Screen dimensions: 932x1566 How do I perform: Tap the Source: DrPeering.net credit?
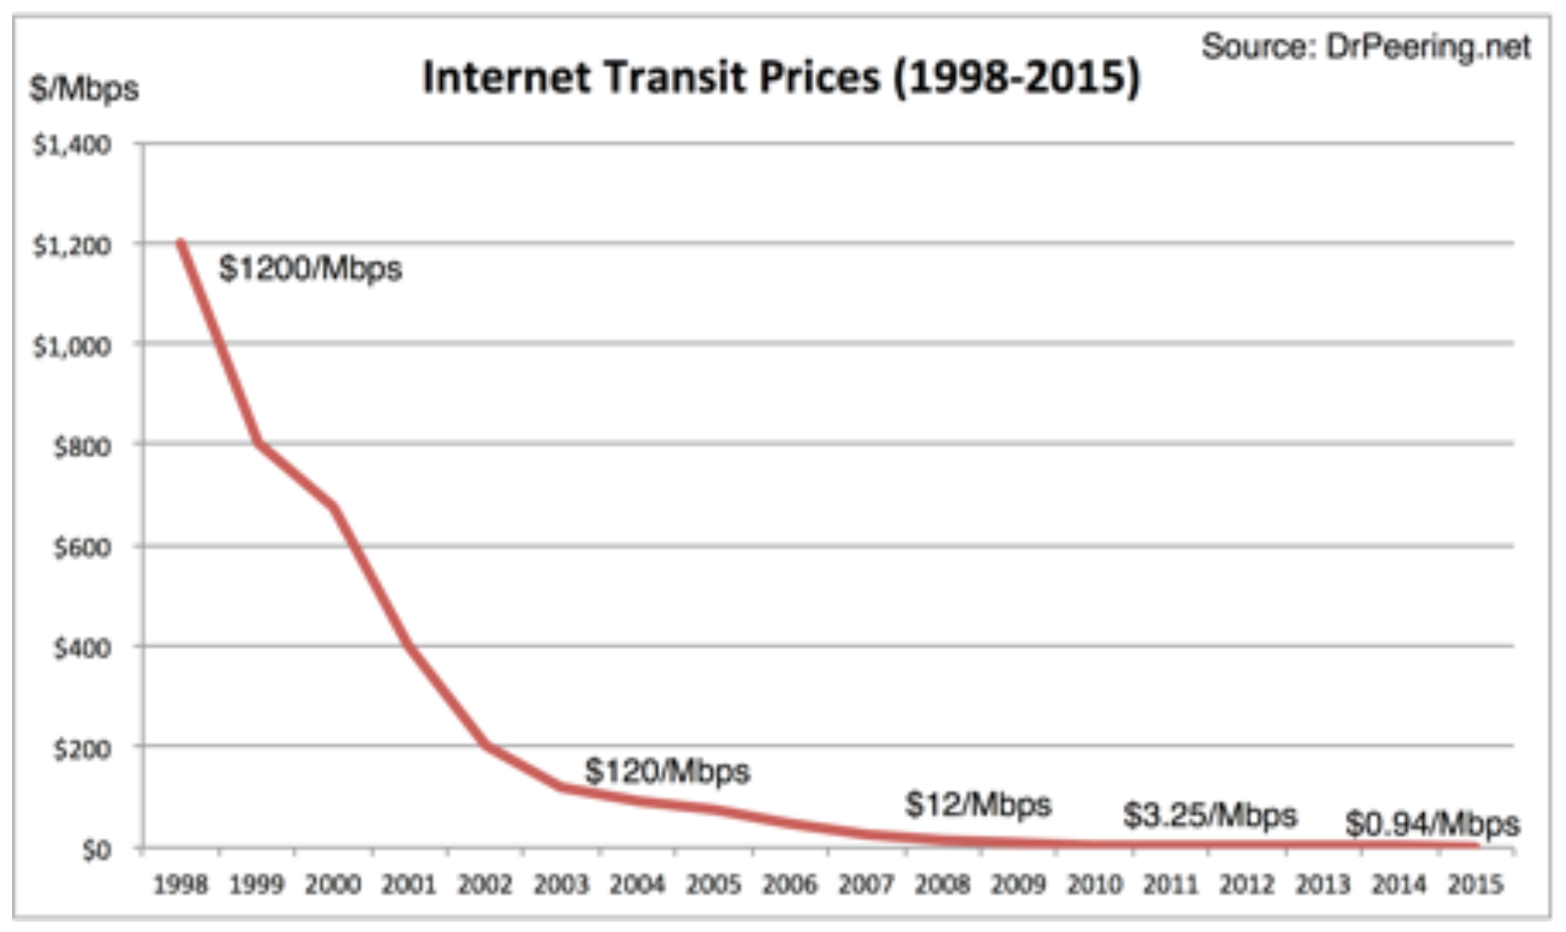[x=1365, y=47]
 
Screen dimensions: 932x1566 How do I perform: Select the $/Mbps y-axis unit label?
[x=84, y=90]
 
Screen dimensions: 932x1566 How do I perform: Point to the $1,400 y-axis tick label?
[x=72, y=145]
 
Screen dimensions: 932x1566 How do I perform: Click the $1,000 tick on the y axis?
[x=72, y=347]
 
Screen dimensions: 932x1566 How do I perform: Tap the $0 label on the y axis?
[x=96, y=850]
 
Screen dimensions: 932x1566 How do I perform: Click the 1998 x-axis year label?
[x=180, y=885]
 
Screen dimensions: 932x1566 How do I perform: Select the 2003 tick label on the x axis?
[x=561, y=885]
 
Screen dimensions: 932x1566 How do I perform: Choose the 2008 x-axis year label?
[x=942, y=885]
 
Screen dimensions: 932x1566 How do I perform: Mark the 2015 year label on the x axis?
[x=1475, y=885]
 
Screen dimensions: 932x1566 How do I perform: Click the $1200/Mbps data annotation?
[x=310, y=269]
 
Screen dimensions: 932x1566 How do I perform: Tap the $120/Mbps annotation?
[x=666, y=771]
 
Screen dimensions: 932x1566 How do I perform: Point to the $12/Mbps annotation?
[x=978, y=805]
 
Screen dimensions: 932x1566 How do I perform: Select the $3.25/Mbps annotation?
[x=1209, y=815]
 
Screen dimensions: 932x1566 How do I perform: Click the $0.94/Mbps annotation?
[x=1432, y=824]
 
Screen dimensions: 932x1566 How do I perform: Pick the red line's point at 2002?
[x=486, y=745]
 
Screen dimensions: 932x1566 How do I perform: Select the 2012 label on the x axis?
[x=1247, y=885]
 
